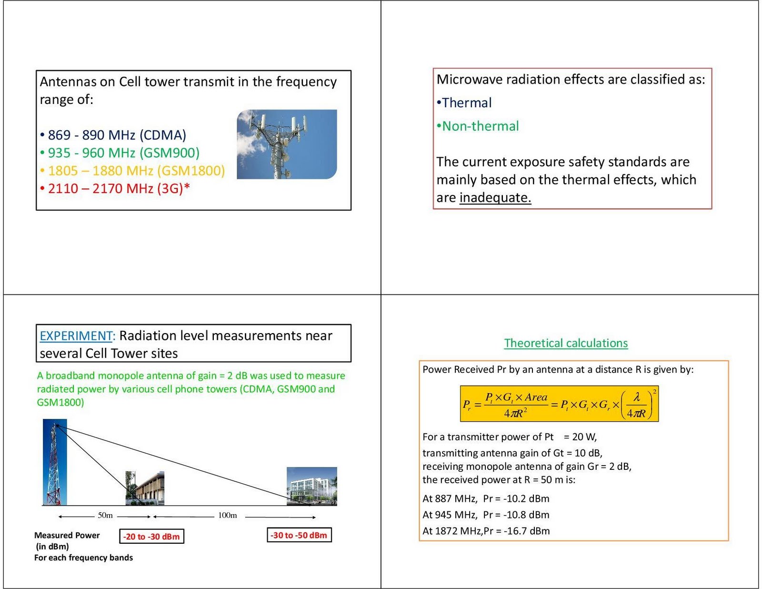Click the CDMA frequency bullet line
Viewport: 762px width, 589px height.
tap(113, 135)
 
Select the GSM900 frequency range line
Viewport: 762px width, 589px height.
tap(120, 153)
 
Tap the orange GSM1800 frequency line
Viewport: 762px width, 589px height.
tap(132, 171)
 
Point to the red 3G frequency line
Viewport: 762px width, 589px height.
tap(115, 189)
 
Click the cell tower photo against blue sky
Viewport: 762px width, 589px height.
tap(287, 144)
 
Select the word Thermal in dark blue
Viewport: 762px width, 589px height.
tap(467, 103)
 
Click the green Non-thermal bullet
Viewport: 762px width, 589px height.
tap(478, 126)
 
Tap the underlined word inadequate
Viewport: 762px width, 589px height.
tap(495, 197)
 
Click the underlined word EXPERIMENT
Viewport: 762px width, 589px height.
tap(76, 335)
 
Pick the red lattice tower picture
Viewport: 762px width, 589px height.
tap(55, 462)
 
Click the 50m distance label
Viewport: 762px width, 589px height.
tap(105, 515)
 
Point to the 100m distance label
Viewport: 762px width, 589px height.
tap(227, 515)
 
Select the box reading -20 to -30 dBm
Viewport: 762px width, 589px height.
tap(151, 537)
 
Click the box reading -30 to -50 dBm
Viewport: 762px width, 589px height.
tap(299, 535)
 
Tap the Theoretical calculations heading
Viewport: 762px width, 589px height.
tap(566, 343)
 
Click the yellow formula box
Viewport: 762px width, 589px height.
tap(559, 404)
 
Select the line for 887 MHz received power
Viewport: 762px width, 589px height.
tap(486, 498)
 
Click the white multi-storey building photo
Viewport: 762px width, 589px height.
tap(312, 486)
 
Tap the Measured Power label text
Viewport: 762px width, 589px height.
tap(67, 535)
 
